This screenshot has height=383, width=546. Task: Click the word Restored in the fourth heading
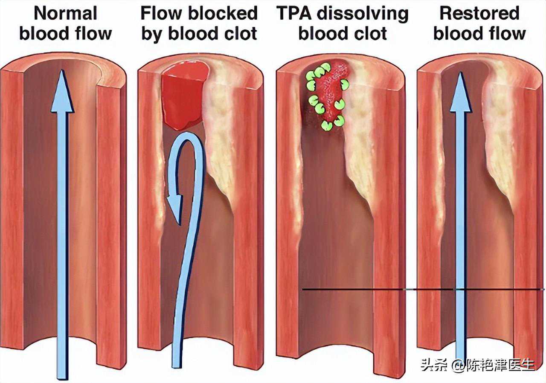coord(479,14)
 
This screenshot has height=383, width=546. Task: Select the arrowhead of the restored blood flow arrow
coord(460,94)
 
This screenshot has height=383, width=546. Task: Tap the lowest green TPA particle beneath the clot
coord(327,125)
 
